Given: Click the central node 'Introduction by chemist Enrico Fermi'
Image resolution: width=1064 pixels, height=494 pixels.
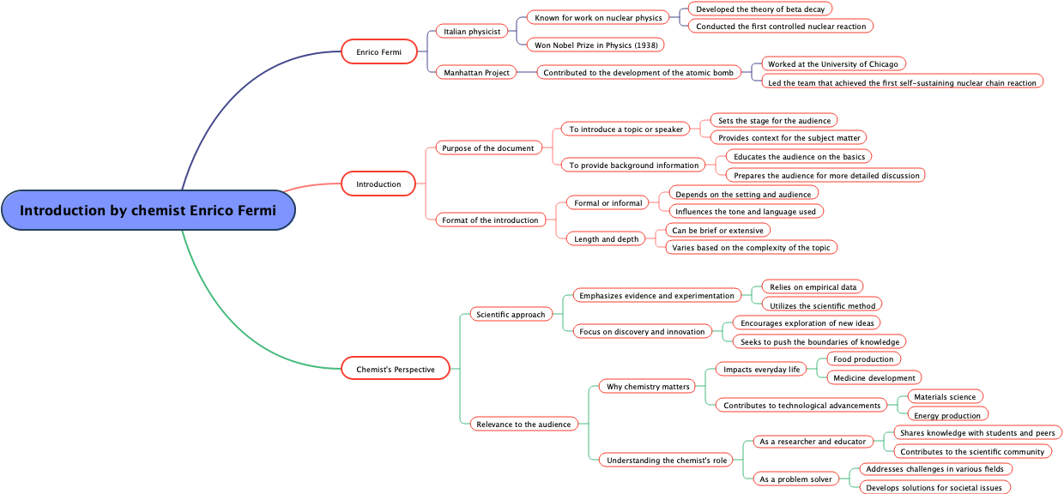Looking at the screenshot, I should point(148,210).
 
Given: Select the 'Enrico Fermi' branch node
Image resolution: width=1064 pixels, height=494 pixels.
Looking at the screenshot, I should point(378,52).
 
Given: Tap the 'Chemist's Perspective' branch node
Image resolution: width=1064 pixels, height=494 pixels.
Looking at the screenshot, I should point(395,370).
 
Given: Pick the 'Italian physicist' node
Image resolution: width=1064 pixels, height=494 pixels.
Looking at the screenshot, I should point(472,32).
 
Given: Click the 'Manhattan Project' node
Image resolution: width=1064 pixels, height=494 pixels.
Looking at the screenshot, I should point(476,73).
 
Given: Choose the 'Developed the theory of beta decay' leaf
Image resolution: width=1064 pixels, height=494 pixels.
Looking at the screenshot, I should point(759,9).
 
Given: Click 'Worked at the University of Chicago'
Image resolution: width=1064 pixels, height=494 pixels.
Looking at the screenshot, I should point(832,64).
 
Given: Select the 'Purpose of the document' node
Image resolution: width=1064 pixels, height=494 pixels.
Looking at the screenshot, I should point(488,148).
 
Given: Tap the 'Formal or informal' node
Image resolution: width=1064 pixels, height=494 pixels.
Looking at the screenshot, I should point(608,203).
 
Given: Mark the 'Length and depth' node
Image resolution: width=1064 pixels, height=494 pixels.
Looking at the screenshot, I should point(606,239).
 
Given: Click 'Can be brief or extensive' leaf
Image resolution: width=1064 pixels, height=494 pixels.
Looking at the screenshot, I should point(717,230).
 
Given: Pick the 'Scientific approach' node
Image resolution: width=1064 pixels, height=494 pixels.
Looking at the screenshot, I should point(511,315).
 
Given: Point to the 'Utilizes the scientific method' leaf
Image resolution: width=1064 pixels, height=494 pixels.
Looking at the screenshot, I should point(822,305).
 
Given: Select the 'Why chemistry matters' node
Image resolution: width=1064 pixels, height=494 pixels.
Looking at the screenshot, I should point(648,387).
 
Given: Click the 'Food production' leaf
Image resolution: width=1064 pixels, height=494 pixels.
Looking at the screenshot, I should point(862,359).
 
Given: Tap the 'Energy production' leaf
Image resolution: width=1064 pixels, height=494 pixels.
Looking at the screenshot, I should point(946,416).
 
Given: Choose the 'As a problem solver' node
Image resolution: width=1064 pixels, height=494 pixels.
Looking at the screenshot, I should point(795,479).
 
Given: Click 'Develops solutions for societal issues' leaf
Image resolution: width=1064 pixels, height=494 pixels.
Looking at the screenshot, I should point(934,488).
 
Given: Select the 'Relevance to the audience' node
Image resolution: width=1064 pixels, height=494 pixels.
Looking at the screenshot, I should point(523,425).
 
